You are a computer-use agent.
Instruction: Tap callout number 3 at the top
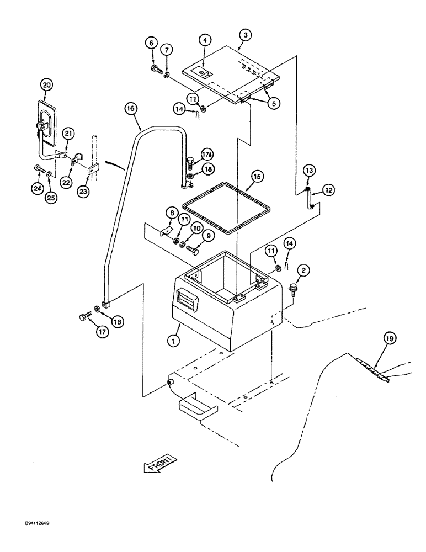246,35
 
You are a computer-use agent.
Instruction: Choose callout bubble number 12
328,190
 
